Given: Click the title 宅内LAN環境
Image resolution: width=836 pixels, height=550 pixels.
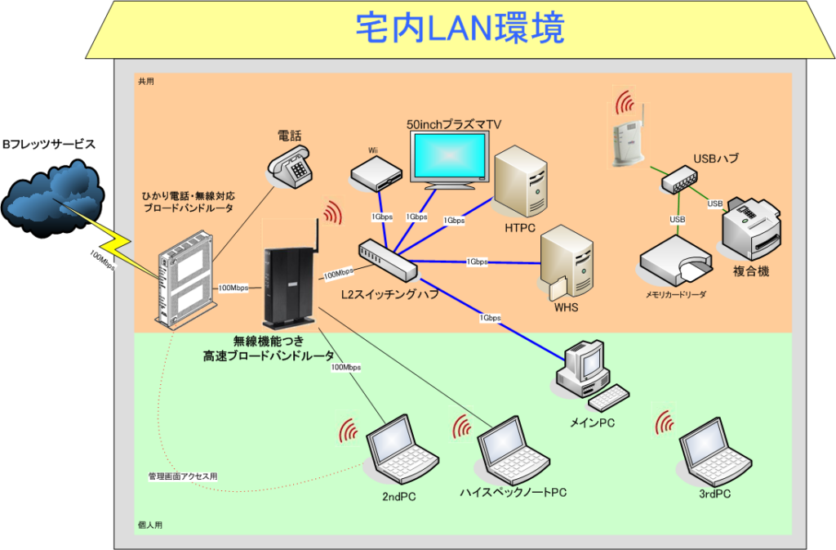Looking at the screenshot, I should coord(460,29).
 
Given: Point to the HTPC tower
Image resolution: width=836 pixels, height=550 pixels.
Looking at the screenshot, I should coord(520,181).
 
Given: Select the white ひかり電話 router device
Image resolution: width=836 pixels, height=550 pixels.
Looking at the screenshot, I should coord(186,278).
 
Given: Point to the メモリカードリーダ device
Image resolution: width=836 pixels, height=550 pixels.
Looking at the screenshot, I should coord(674,261).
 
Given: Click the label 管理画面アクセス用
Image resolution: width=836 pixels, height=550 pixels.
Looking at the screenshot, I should coord(183,476).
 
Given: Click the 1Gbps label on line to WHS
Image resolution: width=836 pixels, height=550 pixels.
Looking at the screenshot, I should coord(478,262).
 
